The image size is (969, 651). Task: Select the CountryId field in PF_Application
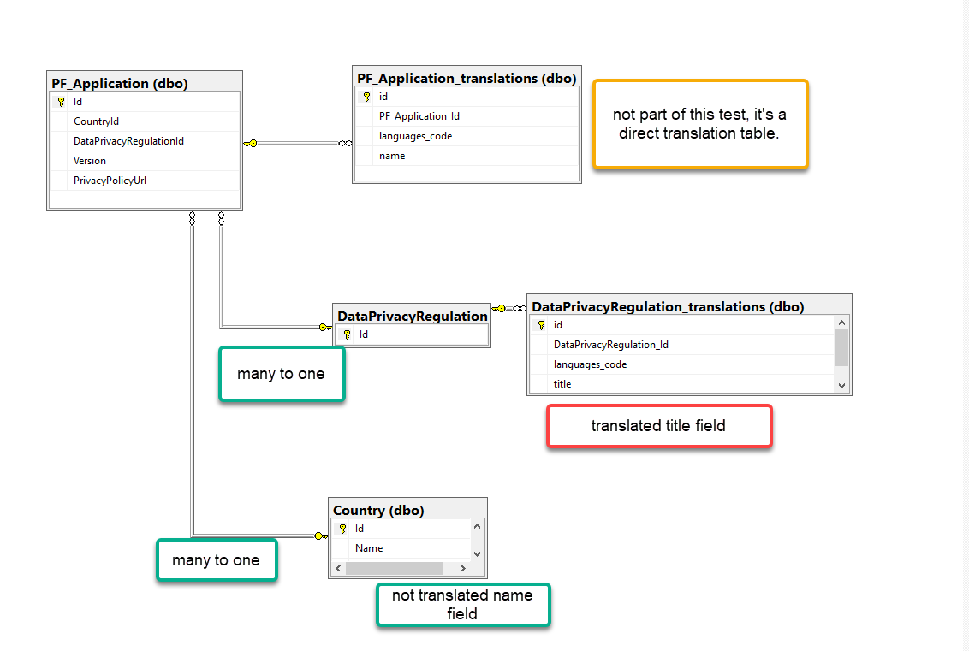[96, 121]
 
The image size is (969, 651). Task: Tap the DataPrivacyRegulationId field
[128, 141]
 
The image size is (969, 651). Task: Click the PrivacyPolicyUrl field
[110, 181]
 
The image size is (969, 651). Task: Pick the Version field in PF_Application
[90, 161]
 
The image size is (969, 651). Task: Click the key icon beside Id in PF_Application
[61, 102]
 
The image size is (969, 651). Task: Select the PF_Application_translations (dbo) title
[467, 78]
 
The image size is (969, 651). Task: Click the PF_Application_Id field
[419, 116]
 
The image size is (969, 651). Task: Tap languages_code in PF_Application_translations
[415, 136]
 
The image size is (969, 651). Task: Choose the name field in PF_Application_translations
[392, 156]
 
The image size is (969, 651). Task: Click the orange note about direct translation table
[699, 125]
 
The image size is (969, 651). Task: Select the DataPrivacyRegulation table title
[413, 316]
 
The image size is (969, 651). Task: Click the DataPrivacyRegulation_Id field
[610, 345]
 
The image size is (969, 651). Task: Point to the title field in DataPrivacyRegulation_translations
[562, 384]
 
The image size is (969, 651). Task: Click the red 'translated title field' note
[658, 425]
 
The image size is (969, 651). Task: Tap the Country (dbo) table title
[378, 510]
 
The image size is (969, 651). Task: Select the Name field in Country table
[369, 548]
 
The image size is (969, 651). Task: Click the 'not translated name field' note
[462, 605]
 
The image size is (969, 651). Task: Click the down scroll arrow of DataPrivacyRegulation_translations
[841, 385]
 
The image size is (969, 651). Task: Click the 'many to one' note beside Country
[216, 560]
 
